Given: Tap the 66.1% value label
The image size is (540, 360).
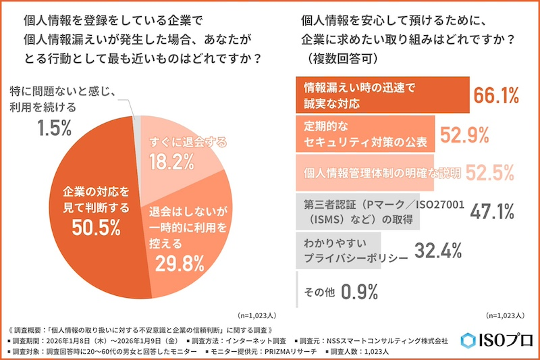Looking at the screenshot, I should click(495, 95).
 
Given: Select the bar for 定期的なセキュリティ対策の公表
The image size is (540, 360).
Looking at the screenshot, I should click(365, 134).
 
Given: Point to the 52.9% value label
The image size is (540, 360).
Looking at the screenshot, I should click(464, 135).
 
